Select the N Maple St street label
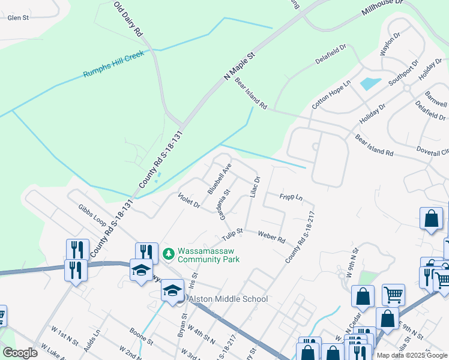tap(243, 65)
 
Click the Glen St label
tap(18, 18)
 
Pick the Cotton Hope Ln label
tap(330, 95)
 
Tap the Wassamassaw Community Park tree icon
tap(169, 254)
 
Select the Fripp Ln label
tap(291, 197)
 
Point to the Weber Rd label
tap(271, 236)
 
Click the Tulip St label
tap(231, 231)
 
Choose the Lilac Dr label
tap(254, 187)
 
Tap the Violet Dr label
tap(189, 200)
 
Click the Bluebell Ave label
tap(219, 178)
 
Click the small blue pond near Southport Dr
tap(370, 83)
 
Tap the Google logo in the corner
tap(20, 353)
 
